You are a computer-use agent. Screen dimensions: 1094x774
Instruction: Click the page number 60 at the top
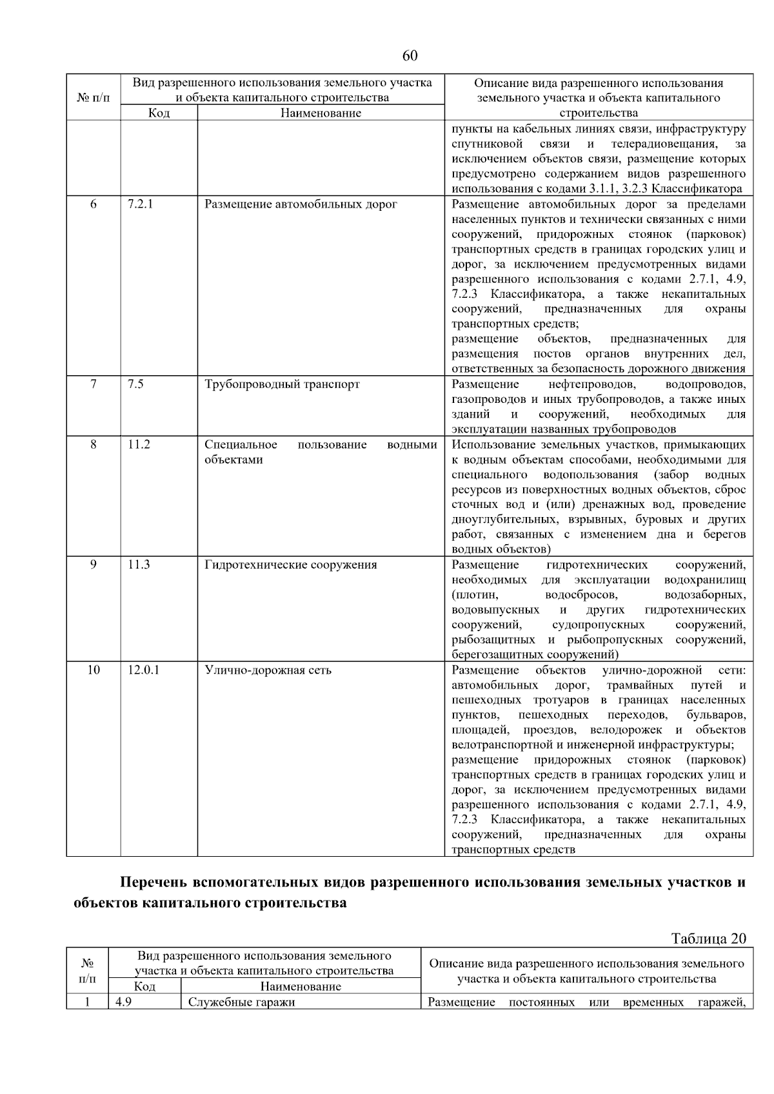[410, 56]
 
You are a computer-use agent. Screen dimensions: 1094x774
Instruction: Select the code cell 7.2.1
[140, 204]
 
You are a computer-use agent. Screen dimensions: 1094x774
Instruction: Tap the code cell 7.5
[135, 384]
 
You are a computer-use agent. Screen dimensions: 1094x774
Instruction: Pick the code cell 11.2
[139, 444]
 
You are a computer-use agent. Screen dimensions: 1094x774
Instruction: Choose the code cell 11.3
[139, 565]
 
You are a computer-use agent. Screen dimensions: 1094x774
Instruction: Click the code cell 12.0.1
[143, 670]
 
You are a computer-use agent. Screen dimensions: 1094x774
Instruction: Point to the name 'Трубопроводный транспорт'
[282, 384]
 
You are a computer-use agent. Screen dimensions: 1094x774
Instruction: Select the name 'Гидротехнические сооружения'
[290, 565]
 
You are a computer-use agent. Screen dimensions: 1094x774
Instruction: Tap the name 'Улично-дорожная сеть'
[268, 670]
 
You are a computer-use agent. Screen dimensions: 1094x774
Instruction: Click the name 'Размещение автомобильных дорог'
[301, 204]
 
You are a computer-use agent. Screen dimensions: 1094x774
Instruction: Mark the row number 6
[94, 204]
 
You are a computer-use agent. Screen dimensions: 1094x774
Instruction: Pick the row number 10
[94, 670]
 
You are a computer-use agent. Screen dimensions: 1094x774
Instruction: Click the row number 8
[94, 444]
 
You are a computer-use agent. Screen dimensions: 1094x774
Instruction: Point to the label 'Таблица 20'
[708, 939]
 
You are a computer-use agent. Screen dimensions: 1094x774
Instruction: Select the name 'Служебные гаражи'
[241, 1002]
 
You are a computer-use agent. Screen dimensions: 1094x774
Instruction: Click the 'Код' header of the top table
[159, 113]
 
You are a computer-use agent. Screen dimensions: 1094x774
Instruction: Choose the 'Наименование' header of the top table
[321, 113]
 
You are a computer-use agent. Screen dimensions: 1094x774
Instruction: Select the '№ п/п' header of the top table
[94, 98]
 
